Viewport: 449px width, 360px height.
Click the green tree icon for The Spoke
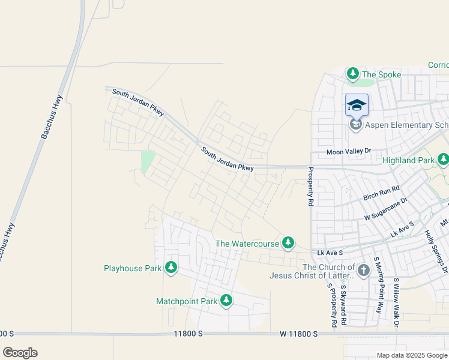pyautogui.click(x=353, y=74)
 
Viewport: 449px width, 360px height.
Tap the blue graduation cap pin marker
pyautogui.click(x=357, y=106)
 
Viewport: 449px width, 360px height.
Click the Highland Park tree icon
pyautogui.click(x=443, y=160)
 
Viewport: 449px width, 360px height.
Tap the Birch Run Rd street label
pyautogui.click(x=381, y=193)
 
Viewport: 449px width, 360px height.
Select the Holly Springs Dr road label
pyautogui.click(x=436, y=247)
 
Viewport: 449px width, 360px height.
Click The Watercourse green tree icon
pyautogui.click(x=289, y=243)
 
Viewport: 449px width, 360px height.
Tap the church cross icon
pyautogui.click(x=363, y=271)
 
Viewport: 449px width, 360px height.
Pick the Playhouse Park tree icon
pyautogui.click(x=171, y=268)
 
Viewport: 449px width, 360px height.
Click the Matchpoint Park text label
pyautogui.click(x=187, y=301)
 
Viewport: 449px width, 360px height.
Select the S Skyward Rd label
pyautogui.click(x=343, y=305)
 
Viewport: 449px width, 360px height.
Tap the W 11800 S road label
pyautogui.click(x=298, y=334)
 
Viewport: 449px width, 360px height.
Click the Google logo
pyautogui.click(x=20, y=353)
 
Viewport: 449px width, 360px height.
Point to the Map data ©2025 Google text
pyautogui.click(x=412, y=355)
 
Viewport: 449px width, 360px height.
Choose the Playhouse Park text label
pyautogui.click(x=133, y=269)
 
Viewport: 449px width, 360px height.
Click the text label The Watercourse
pyautogui.click(x=247, y=244)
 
